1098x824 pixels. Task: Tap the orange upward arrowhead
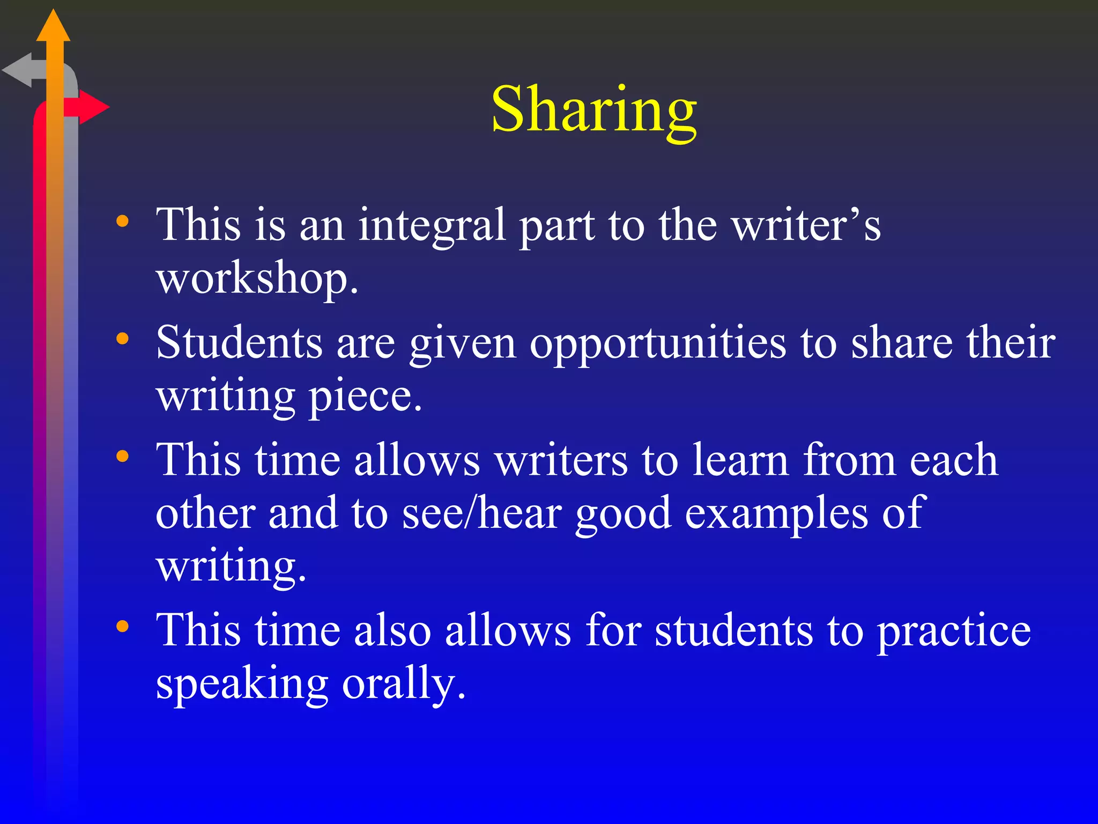pyautogui.click(x=53, y=27)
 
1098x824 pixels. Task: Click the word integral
pyautogui.click(x=432, y=225)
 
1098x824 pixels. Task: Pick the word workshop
pyautogui.click(x=257, y=279)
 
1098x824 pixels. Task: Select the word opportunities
pyautogui.click(x=658, y=343)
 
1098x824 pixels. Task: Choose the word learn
pyautogui.click(x=740, y=460)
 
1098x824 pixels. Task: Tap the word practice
pyautogui.click(x=954, y=631)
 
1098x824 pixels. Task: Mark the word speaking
pyautogui.click(x=242, y=684)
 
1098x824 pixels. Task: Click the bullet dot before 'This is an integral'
pyautogui.click(x=123, y=221)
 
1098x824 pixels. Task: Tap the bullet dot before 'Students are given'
pyautogui.click(x=123, y=339)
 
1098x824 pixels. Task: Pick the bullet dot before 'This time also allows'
pyautogui.click(x=123, y=626)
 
